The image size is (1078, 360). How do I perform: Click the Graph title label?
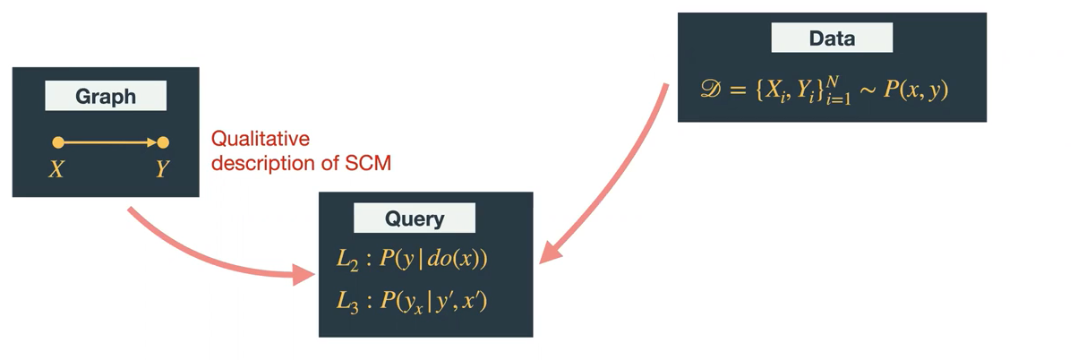click(106, 97)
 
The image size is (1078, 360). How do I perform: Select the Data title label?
click(832, 39)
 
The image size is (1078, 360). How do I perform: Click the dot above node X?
click(58, 141)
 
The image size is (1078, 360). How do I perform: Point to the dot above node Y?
click(163, 141)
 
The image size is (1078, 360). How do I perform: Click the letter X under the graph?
click(56, 168)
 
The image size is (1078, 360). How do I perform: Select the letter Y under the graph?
click(162, 168)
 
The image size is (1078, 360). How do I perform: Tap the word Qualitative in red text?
click(260, 139)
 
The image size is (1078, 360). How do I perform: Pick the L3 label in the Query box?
click(347, 300)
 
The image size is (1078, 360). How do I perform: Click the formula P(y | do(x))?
click(433, 260)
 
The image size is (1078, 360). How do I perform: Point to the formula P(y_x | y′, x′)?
click(433, 300)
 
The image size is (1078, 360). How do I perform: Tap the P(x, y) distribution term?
click(916, 90)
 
